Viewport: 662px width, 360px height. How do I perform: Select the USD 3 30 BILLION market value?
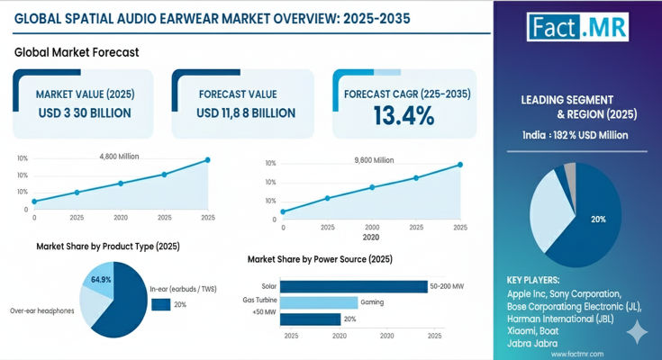(x=84, y=112)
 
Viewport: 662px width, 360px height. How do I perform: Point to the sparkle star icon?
(x=637, y=333)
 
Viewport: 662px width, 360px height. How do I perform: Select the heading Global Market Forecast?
(x=77, y=52)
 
